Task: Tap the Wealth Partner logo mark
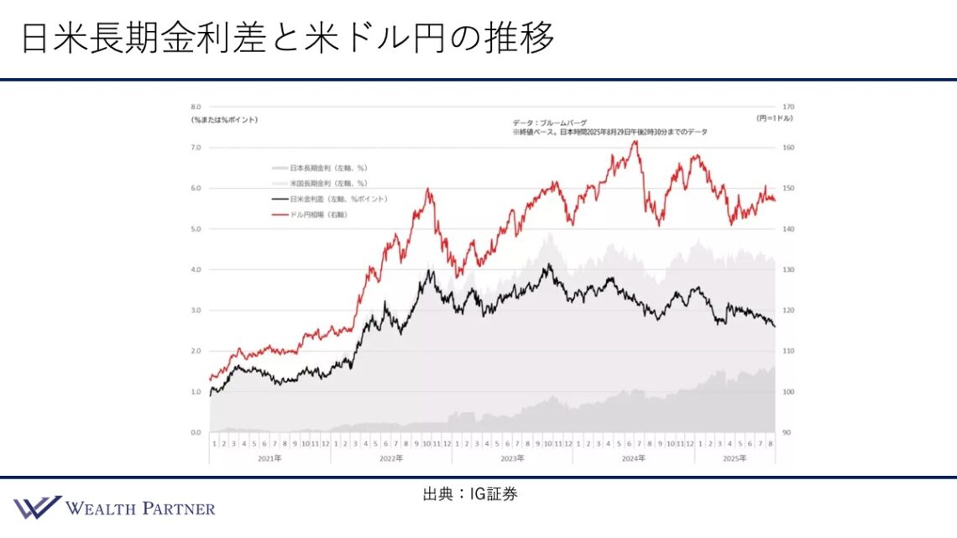pyautogui.click(x=36, y=507)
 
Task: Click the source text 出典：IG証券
pyautogui.click(x=470, y=494)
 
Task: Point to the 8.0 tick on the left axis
pyautogui.click(x=196, y=107)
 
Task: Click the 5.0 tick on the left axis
pyautogui.click(x=196, y=229)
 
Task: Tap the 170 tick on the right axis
pyautogui.click(x=787, y=107)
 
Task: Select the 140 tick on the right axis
pyautogui.click(x=787, y=229)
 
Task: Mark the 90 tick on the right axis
pyautogui.click(x=786, y=432)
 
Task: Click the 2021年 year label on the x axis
pyautogui.click(x=269, y=458)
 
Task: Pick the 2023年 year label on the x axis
pyautogui.click(x=512, y=458)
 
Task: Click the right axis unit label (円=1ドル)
pyautogui.click(x=775, y=119)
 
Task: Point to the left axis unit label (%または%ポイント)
pyautogui.click(x=224, y=119)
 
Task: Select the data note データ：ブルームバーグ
pyautogui.click(x=550, y=123)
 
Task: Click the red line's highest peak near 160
pyautogui.click(x=635, y=141)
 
